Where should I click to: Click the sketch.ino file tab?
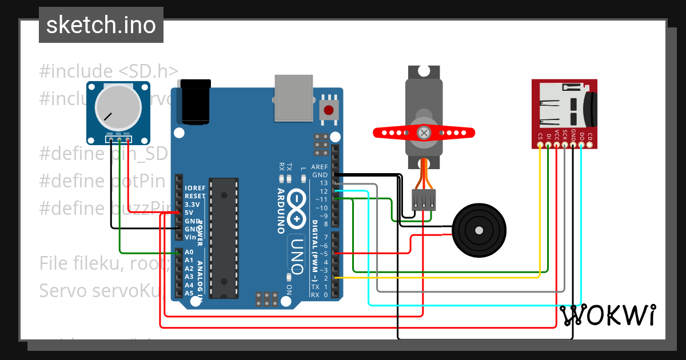pos(101,25)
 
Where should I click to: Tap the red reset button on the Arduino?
pos(329,110)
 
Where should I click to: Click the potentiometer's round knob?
pos(118,107)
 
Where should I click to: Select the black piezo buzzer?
pos(478,230)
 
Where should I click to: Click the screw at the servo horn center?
pos(424,133)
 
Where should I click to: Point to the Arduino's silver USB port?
pos(294,98)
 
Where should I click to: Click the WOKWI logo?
pos(607,315)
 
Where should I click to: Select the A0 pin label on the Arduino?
pos(189,252)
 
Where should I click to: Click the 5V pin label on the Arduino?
pos(189,213)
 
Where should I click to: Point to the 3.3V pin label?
pos(192,205)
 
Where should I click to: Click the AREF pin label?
pos(320,166)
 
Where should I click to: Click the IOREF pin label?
pos(195,188)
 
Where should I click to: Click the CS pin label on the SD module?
pos(540,137)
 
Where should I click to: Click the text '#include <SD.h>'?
pos(109,71)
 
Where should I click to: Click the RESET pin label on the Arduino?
pos(195,196)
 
